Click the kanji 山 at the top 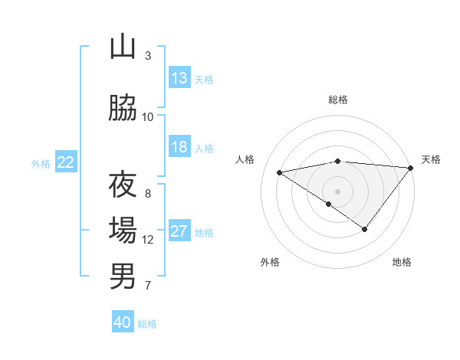[123, 47]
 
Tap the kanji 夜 [123, 185]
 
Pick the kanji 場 [123, 231]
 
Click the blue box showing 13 [179, 78]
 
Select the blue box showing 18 [179, 147]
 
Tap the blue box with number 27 [179, 231]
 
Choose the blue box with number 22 [66, 162]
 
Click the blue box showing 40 [123, 322]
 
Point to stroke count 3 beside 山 [148, 56]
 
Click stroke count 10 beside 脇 [148, 117]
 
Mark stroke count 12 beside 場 [148, 240]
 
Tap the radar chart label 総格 [338, 100]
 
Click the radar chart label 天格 [431, 159]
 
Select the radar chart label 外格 [270, 262]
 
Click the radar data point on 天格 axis [411, 167]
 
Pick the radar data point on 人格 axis [279, 172]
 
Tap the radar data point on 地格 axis [365, 229]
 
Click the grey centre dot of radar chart [338, 191]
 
